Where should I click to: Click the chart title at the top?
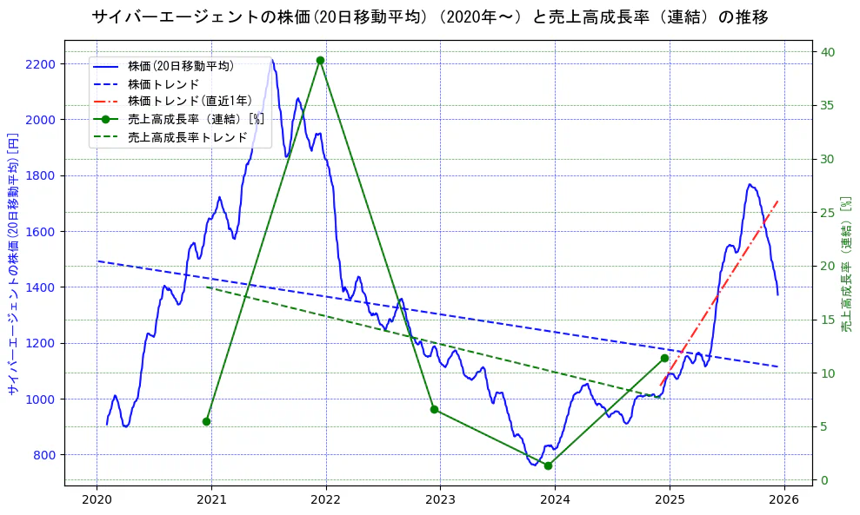click(x=430, y=17)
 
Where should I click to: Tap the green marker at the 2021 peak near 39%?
click(x=321, y=60)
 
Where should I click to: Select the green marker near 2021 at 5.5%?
click(x=207, y=421)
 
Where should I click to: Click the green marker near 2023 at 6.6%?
click(x=434, y=409)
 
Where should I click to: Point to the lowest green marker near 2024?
click(x=548, y=465)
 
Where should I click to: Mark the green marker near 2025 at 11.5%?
click(x=664, y=358)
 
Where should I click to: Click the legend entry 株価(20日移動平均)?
click(x=180, y=65)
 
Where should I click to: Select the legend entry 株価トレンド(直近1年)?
click(x=189, y=101)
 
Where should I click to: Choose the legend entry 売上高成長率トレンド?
click(x=187, y=137)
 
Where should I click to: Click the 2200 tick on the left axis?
click(x=41, y=64)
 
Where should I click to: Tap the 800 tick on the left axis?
click(x=44, y=455)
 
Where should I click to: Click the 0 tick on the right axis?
click(x=824, y=480)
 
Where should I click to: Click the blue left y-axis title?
click(x=13, y=264)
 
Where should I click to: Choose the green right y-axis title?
click(x=847, y=264)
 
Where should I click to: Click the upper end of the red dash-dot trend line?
click(x=777, y=201)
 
